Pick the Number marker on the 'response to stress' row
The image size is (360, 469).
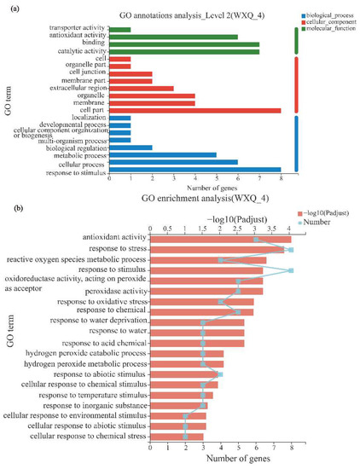click(291, 250)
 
